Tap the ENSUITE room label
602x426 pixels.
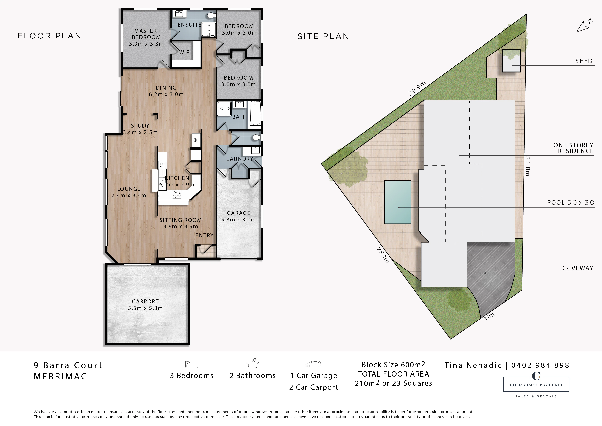click(x=189, y=25)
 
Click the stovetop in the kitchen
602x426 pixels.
click(x=176, y=194)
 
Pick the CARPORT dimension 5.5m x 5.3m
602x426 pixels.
click(x=145, y=308)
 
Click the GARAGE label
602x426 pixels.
click(x=239, y=213)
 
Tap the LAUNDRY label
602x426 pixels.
click(x=240, y=159)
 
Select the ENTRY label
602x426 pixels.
click(x=205, y=235)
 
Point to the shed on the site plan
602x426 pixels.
click(x=511, y=61)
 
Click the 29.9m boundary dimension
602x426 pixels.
click(x=417, y=89)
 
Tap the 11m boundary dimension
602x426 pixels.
click(x=489, y=317)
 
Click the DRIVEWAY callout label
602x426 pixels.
click(x=577, y=268)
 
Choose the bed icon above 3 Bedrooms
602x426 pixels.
click(x=192, y=364)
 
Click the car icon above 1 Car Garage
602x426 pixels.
click(x=314, y=364)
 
